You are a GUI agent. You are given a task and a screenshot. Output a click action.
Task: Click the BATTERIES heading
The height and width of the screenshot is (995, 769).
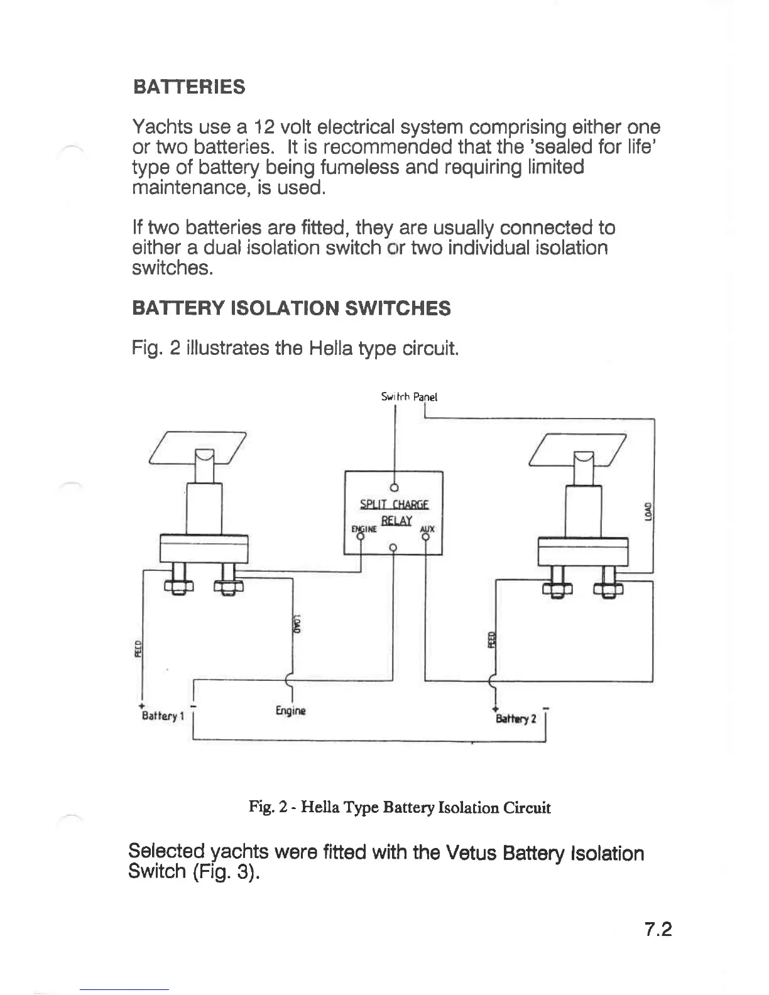point(189,87)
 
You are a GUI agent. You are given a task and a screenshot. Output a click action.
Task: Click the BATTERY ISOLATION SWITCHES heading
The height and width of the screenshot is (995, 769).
point(291,308)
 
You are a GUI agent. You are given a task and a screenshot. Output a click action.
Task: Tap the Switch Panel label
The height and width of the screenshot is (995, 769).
point(409,397)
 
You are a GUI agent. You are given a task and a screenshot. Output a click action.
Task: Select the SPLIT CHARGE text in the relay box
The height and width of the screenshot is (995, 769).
point(394,504)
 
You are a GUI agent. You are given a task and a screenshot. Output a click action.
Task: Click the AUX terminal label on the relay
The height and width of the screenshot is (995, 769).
point(427,528)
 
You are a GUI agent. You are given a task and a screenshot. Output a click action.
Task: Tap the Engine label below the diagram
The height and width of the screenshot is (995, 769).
point(290,711)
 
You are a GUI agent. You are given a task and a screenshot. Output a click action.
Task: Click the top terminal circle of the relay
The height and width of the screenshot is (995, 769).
point(395,487)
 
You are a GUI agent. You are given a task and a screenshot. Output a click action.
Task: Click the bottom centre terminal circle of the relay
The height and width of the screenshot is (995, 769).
point(393,547)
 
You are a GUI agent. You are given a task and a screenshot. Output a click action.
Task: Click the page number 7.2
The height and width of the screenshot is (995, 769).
point(658,929)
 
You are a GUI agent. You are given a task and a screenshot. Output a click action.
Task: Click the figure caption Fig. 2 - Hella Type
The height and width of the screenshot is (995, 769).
point(400,807)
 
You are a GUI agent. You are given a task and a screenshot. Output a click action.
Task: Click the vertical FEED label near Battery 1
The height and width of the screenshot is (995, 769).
point(139,646)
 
